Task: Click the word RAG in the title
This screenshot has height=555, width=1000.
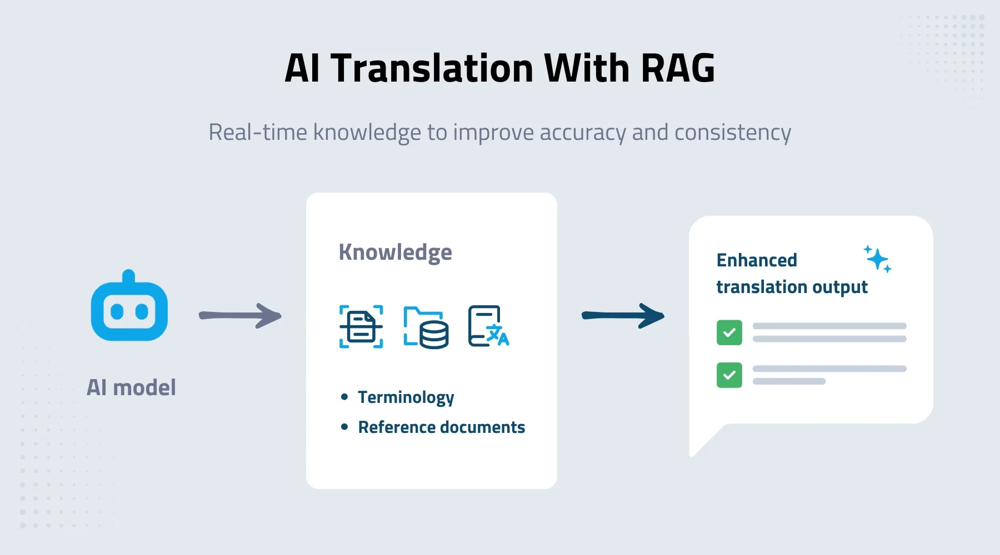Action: (x=677, y=68)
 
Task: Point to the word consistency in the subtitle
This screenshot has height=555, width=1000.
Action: (x=732, y=133)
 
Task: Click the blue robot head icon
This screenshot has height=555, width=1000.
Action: (x=129, y=311)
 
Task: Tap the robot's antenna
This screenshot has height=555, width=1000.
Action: (x=129, y=275)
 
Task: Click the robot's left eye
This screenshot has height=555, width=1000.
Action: (x=117, y=311)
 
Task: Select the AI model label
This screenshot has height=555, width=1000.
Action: (x=131, y=387)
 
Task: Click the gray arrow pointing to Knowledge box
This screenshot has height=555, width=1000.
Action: (x=240, y=316)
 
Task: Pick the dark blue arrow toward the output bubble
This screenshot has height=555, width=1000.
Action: (x=623, y=316)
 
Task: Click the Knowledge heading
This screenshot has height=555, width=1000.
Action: (x=395, y=253)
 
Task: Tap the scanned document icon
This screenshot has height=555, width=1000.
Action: (x=361, y=327)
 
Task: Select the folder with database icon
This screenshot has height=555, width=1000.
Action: (x=426, y=327)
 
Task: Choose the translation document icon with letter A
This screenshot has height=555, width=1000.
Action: (x=488, y=326)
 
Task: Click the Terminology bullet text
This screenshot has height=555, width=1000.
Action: (x=406, y=397)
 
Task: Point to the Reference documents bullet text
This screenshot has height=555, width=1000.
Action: (x=441, y=427)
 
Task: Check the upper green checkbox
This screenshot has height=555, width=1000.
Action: (x=729, y=332)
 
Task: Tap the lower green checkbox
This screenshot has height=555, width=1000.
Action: (x=729, y=375)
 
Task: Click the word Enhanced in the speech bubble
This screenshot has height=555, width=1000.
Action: (x=757, y=260)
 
